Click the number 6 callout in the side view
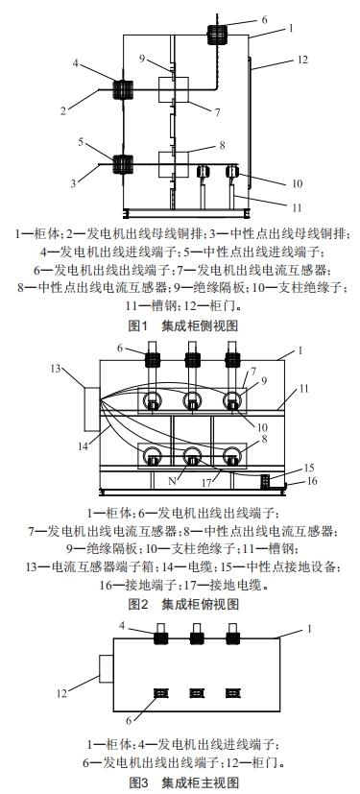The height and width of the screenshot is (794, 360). pyautogui.click(x=265, y=19)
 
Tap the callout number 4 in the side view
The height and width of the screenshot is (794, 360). pyautogui.click(x=74, y=63)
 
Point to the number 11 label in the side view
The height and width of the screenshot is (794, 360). pyautogui.click(x=298, y=205)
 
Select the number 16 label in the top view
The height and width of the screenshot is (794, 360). pyautogui.click(x=296, y=479)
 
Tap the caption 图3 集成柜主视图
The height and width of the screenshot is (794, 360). pyautogui.click(x=179, y=783)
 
